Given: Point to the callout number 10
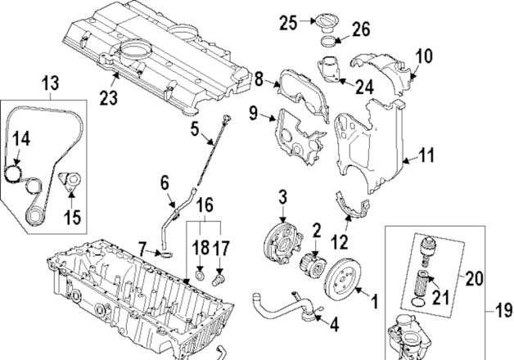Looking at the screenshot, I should pyautogui.click(x=424, y=56).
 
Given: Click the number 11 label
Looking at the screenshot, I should pyautogui.click(x=427, y=153).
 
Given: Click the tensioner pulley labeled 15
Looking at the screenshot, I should pyautogui.click(x=70, y=183).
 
